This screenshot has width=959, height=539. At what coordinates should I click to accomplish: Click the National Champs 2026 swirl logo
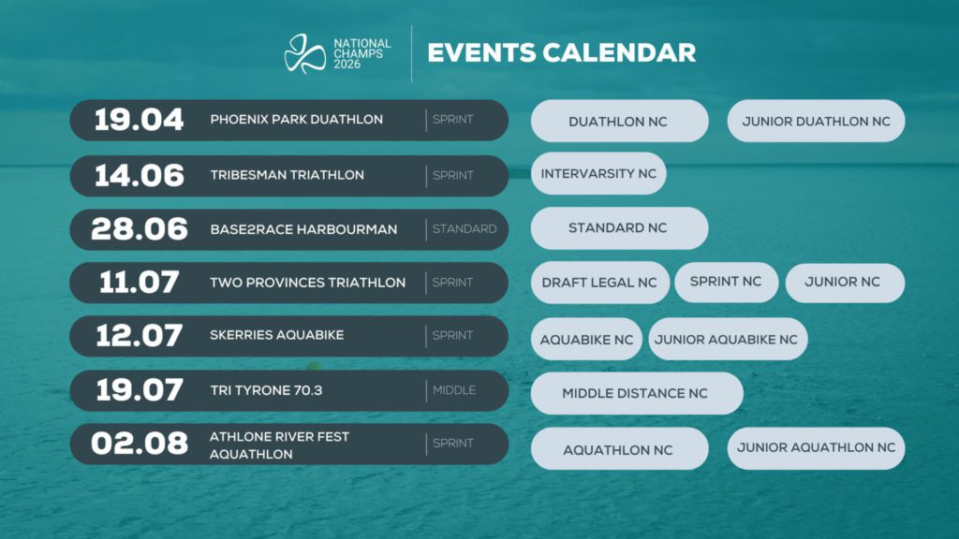pos(304,52)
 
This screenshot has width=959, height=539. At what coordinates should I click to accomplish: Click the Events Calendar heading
pos(562,51)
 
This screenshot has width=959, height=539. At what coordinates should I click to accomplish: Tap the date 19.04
pos(140,120)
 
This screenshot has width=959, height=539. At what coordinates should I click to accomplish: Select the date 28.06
pos(140,228)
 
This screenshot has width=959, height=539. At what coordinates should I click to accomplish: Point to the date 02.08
pos(140,444)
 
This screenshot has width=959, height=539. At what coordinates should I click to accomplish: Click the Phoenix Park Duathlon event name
pos(296,120)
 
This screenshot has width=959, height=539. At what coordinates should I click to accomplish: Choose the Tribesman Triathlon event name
pos(287,175)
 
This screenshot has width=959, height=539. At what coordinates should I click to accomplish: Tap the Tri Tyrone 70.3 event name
pos(266,389)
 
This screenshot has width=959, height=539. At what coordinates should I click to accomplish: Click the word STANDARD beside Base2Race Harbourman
pos(464,228)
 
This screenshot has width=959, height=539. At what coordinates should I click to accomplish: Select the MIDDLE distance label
pos(453,389)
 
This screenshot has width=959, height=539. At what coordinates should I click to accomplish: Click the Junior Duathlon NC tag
pos(816,122)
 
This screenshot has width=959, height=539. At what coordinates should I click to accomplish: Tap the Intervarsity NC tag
pos(598,174)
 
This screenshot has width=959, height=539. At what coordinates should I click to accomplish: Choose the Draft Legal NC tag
pos(599,283)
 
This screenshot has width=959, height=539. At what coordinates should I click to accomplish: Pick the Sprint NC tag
pos(726,282)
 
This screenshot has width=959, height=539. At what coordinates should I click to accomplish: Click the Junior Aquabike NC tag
pos(727,340)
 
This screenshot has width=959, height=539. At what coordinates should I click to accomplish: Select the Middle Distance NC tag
pos(636,393)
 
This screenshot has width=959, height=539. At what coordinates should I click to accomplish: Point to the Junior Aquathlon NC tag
pos(816,447)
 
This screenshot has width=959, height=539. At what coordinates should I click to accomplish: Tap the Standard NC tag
pos(618,228)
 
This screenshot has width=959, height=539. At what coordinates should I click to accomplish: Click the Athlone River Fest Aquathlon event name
pos(280,444)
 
